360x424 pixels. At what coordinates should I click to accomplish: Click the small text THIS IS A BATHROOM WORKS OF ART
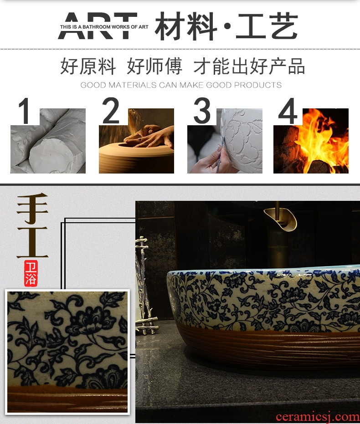click(x=104, y=27)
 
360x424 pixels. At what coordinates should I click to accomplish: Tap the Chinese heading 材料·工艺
click(x=226, y=26)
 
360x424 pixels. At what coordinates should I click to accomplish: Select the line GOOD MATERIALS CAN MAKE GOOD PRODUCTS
click(x=181, y=85)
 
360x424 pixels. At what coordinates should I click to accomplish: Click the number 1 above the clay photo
click(x=25, y=111)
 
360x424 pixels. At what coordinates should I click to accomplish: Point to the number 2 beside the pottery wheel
click(x=111, y=110)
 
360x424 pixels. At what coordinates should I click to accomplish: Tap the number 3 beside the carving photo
click(x=202, y=110)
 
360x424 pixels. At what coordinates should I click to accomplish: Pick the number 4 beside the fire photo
click(x=288, y=111)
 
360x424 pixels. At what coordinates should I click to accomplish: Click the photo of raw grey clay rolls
click(x=48, y=141)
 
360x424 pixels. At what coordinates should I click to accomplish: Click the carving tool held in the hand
click(x=220, y=155)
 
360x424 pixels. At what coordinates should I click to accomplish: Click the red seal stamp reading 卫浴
click(x=31, y=273)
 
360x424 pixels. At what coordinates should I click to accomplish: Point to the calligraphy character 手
click(x=32, y=208)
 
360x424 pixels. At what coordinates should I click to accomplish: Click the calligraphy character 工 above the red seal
click(x=32, y=242)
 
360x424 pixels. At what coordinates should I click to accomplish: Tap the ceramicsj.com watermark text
click(x=318, y=417)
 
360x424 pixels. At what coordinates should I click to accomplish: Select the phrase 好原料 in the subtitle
click(x=88, y=66)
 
